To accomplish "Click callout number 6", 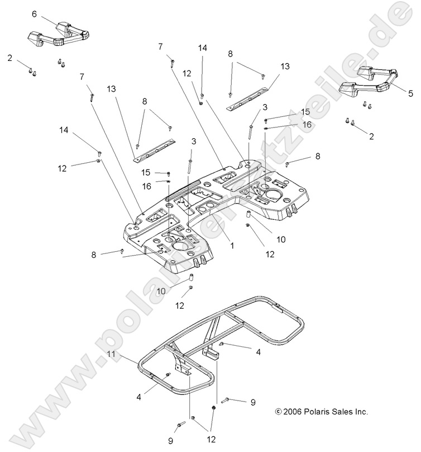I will point(34,14).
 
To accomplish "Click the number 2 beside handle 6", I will point(9,57).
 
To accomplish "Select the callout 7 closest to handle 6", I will point(82,76).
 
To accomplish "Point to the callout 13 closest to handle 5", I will point(285,66).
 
